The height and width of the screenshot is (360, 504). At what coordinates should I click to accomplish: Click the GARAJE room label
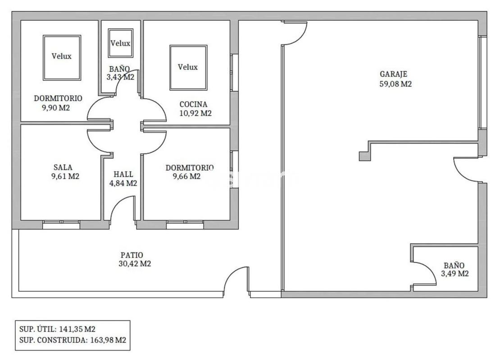tap(394, 74)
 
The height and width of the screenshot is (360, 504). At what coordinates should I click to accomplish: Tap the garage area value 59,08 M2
tap(395, 84)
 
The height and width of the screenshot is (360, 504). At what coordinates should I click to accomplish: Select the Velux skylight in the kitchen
tap(188, 67)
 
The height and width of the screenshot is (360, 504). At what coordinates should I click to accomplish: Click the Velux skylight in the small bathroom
tap(121, 43)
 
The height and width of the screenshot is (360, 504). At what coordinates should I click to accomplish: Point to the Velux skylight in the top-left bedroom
tap(62, 58)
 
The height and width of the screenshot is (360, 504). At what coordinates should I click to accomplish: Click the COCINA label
tap(193, 104)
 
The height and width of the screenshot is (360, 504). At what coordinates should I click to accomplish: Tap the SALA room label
tap(63, 167)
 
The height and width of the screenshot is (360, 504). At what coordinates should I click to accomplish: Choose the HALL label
tap(123, 175)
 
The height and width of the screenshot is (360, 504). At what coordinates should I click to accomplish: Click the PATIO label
tap(132, 255)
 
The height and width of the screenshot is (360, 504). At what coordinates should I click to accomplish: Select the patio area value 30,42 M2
tap(135, 264)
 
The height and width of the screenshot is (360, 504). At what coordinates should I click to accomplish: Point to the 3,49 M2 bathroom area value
tap(454, 274)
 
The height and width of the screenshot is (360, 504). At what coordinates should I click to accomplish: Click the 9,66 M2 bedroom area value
tap(186, 176)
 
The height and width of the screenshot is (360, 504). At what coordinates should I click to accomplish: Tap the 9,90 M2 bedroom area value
tap(55, 108)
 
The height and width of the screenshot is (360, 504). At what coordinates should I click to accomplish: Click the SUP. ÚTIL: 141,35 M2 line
tap(57, 329)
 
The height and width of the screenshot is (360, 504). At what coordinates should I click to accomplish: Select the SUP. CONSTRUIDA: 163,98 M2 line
tap(73, 340)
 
